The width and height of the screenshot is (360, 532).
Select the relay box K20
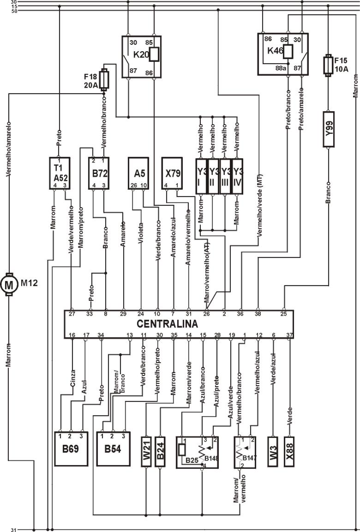[144, 56]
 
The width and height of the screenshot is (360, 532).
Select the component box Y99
[328, 129]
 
